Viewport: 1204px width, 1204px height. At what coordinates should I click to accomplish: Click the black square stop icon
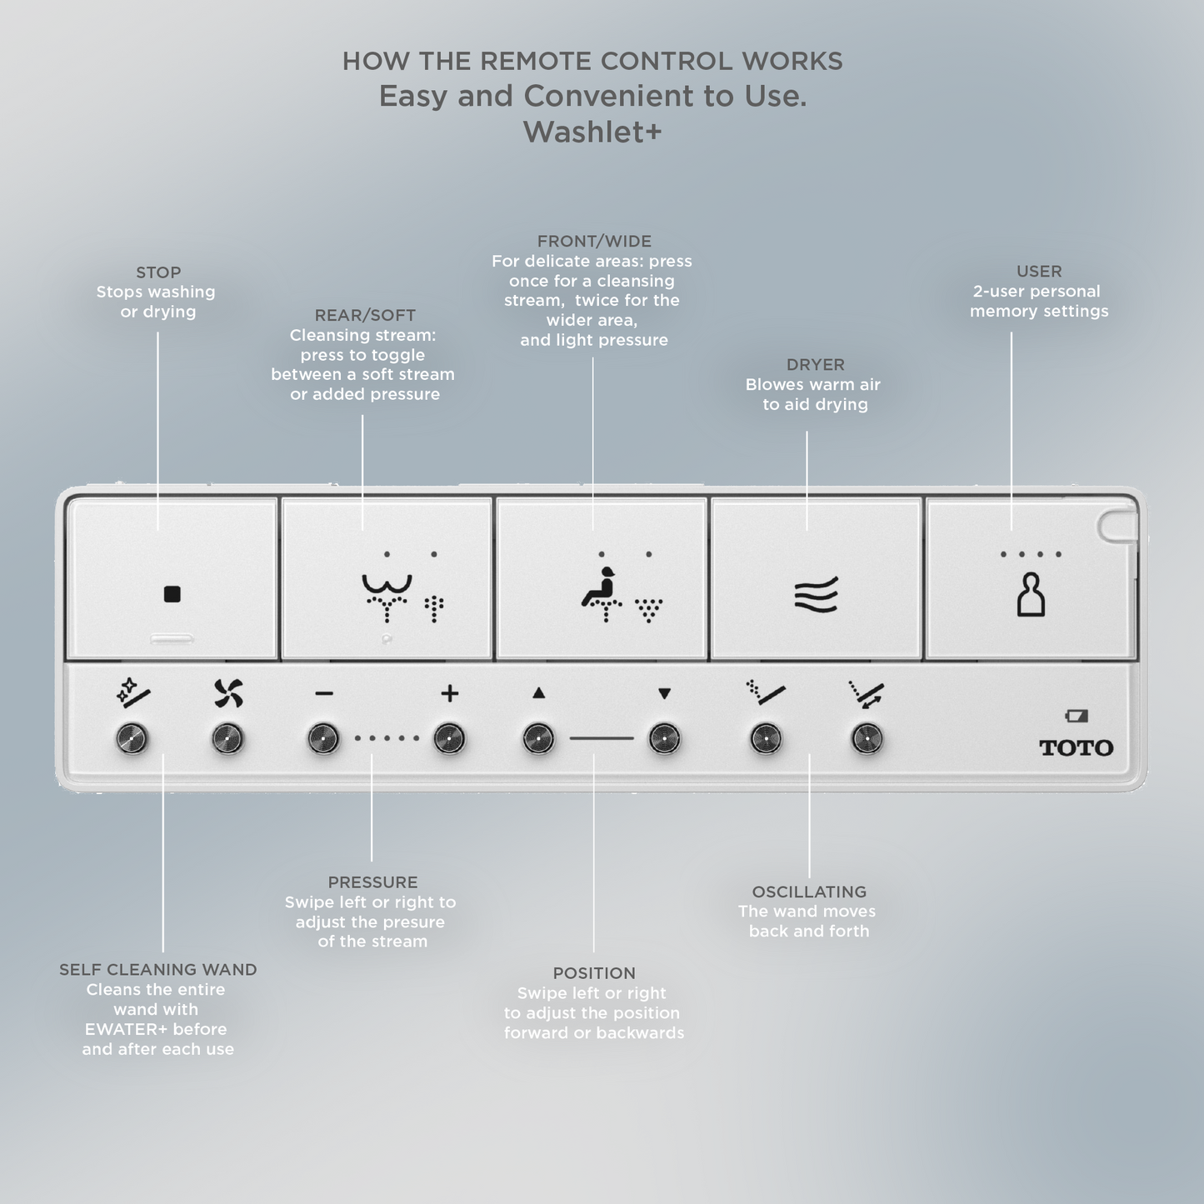[x=172, y=594]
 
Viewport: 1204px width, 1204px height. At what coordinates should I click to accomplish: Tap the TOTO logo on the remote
[x=1076, y=747]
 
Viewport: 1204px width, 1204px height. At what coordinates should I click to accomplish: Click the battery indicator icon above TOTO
[x=1077, y=716]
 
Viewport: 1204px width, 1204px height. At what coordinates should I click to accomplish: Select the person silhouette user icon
[x=1031, y=594]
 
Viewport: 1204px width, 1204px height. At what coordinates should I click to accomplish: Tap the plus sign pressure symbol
[x=450, y=693]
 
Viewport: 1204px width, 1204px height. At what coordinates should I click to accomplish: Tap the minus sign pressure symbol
[x=324, y=693]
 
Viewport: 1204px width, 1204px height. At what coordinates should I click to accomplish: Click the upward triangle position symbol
[x=539, y=692]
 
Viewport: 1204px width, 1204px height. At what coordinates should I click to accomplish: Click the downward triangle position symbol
[x=664, y=692]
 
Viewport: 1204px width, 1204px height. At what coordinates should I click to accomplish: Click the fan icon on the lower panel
[x=228, y=693]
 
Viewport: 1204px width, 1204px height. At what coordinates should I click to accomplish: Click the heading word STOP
[x=158, y=272]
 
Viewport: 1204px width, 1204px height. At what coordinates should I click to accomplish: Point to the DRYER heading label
[x=816, y=365]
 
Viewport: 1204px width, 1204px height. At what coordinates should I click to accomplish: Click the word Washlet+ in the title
[x=592, y=132]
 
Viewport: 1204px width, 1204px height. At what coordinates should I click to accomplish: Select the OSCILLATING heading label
[x=809, y=892]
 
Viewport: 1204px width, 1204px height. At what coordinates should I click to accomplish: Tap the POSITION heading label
[x=594, y=973]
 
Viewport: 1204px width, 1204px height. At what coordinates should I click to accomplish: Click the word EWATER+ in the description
[x=126, y=1029]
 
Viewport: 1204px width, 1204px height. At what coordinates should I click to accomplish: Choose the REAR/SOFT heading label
[x=365, y=315]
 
